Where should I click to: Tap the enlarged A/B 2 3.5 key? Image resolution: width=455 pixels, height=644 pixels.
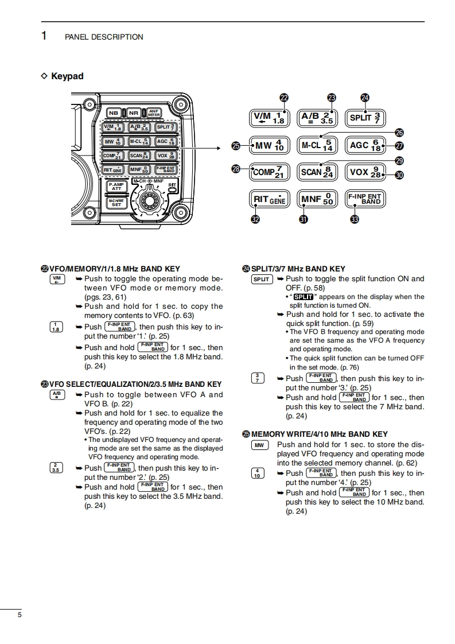[x=317, y=118]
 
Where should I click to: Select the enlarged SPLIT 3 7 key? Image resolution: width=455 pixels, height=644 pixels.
[x=365, y=118]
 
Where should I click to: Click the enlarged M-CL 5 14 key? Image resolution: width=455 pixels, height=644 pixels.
[x=317, y=145]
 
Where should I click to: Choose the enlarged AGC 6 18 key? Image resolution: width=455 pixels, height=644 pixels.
[x=365, y=145]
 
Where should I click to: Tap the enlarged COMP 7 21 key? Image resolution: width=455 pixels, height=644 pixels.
[x=269, y=172]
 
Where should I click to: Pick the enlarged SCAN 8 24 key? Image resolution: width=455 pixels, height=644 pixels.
[x=317, y=172]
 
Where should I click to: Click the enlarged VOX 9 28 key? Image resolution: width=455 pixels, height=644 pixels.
[x=365, y=172]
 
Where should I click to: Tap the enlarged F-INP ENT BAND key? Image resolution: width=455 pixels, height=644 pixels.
[x=365, y=199]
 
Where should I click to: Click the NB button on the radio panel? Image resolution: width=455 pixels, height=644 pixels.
[x=113, y=113]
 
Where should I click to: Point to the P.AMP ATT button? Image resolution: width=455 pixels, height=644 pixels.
[x=116, y=187]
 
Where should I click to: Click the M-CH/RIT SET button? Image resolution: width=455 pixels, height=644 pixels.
[x=116, y=202]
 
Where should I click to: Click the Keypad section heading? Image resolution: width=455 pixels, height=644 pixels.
[x=67, y=76]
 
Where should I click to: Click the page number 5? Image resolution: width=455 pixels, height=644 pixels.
[x=20, y=615]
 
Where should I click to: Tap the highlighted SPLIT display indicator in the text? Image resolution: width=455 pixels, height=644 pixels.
[x=302, y=297]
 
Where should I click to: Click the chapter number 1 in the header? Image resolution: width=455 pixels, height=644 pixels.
[x=44, y=36]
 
